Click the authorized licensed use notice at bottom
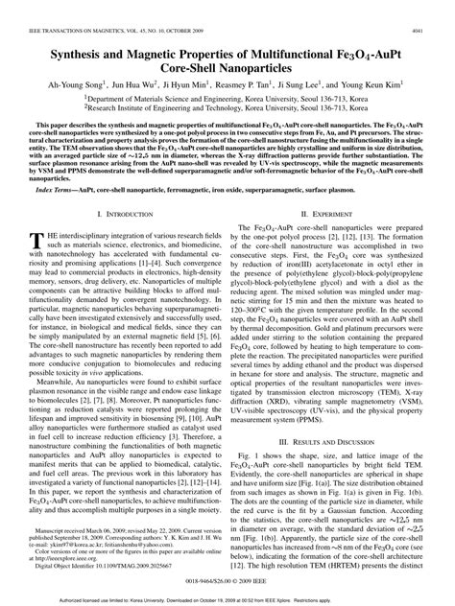[227, 599]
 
